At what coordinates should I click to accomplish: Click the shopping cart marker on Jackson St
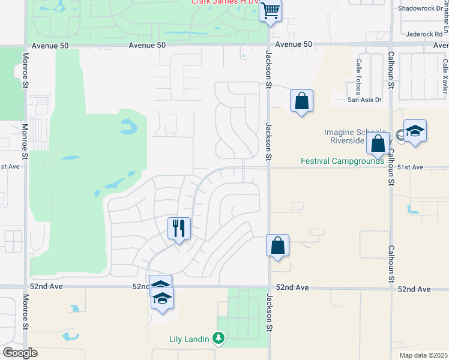pyautogui.click(x=271, y=10)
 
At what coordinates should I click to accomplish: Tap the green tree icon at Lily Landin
pyautogui.click(x=218, y=339)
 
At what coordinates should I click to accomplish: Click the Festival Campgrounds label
pyautogui.click(x=342, y=161)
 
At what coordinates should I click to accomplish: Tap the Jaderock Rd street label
pyautogui.click(x=424, y=34)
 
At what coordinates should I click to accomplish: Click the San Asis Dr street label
pyautogui.click(x=364, y=100)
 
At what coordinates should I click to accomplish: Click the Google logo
pyautogui.click(x=20, y=353)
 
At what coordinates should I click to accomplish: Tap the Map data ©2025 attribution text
pyautogui.click(x=423, y=355)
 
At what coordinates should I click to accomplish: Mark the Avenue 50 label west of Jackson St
pyautogui.click(x=147, y=45)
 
